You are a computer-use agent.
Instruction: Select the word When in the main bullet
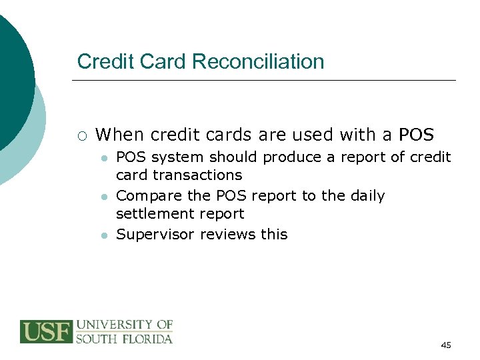pyautogui.click(x=120, y=135)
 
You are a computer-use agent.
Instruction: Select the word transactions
pyautogui.click(x=197, y=175)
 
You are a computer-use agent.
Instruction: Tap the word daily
pyautogui.click(x=365, y=197)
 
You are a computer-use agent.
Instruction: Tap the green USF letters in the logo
pyautogui.click(x=45, y=331)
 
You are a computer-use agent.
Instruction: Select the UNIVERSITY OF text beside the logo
pyautogui.click(x=125, y=325)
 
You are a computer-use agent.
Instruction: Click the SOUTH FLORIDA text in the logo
pyautogui.click(x=125, y=339)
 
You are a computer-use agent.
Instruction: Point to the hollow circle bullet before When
pyautogui.click(x=81, y=136)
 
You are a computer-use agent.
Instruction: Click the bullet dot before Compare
pyautogui.click(x=103, y=197)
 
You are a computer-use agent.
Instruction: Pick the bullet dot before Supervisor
pyautogui.click(x=103, y=236)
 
